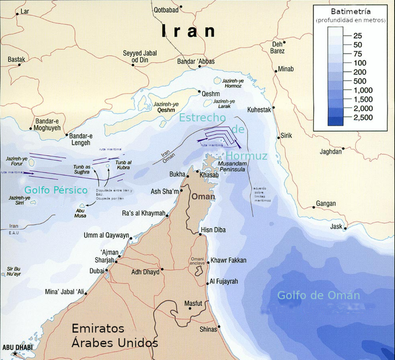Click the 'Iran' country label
pyautogui.click(x=189, y=32)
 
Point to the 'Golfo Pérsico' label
pyautogui.click(x=56, y=190)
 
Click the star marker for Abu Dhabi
pyautogui.click(x=16, y=354)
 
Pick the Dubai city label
pyautogui.click(x=97, y=270)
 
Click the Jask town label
pyautogui.click(x=336, y=226)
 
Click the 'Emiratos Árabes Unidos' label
pyautogui.click(x=115, y=335)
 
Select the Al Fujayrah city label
pyautogui.click(x=224, y=282)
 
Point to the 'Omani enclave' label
pyautogui.click(x=197, y=262)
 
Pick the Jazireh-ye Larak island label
pyautogui.click(x=228, y=104)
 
